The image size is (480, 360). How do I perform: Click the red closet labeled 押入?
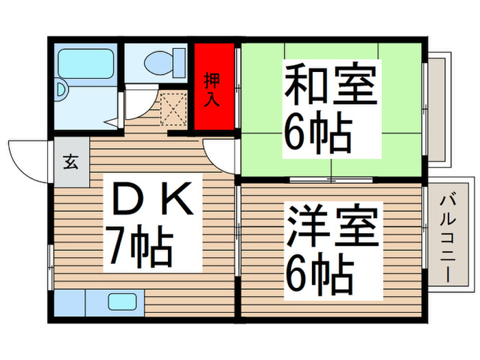coord(213,86)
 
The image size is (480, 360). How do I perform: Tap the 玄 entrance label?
coord(71,163)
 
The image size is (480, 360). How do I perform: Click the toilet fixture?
coord(165,61)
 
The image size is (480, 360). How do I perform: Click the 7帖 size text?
coord(138,248)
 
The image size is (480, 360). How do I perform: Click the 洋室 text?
coord(333,229)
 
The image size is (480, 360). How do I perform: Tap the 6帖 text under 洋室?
coord(319,276)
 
